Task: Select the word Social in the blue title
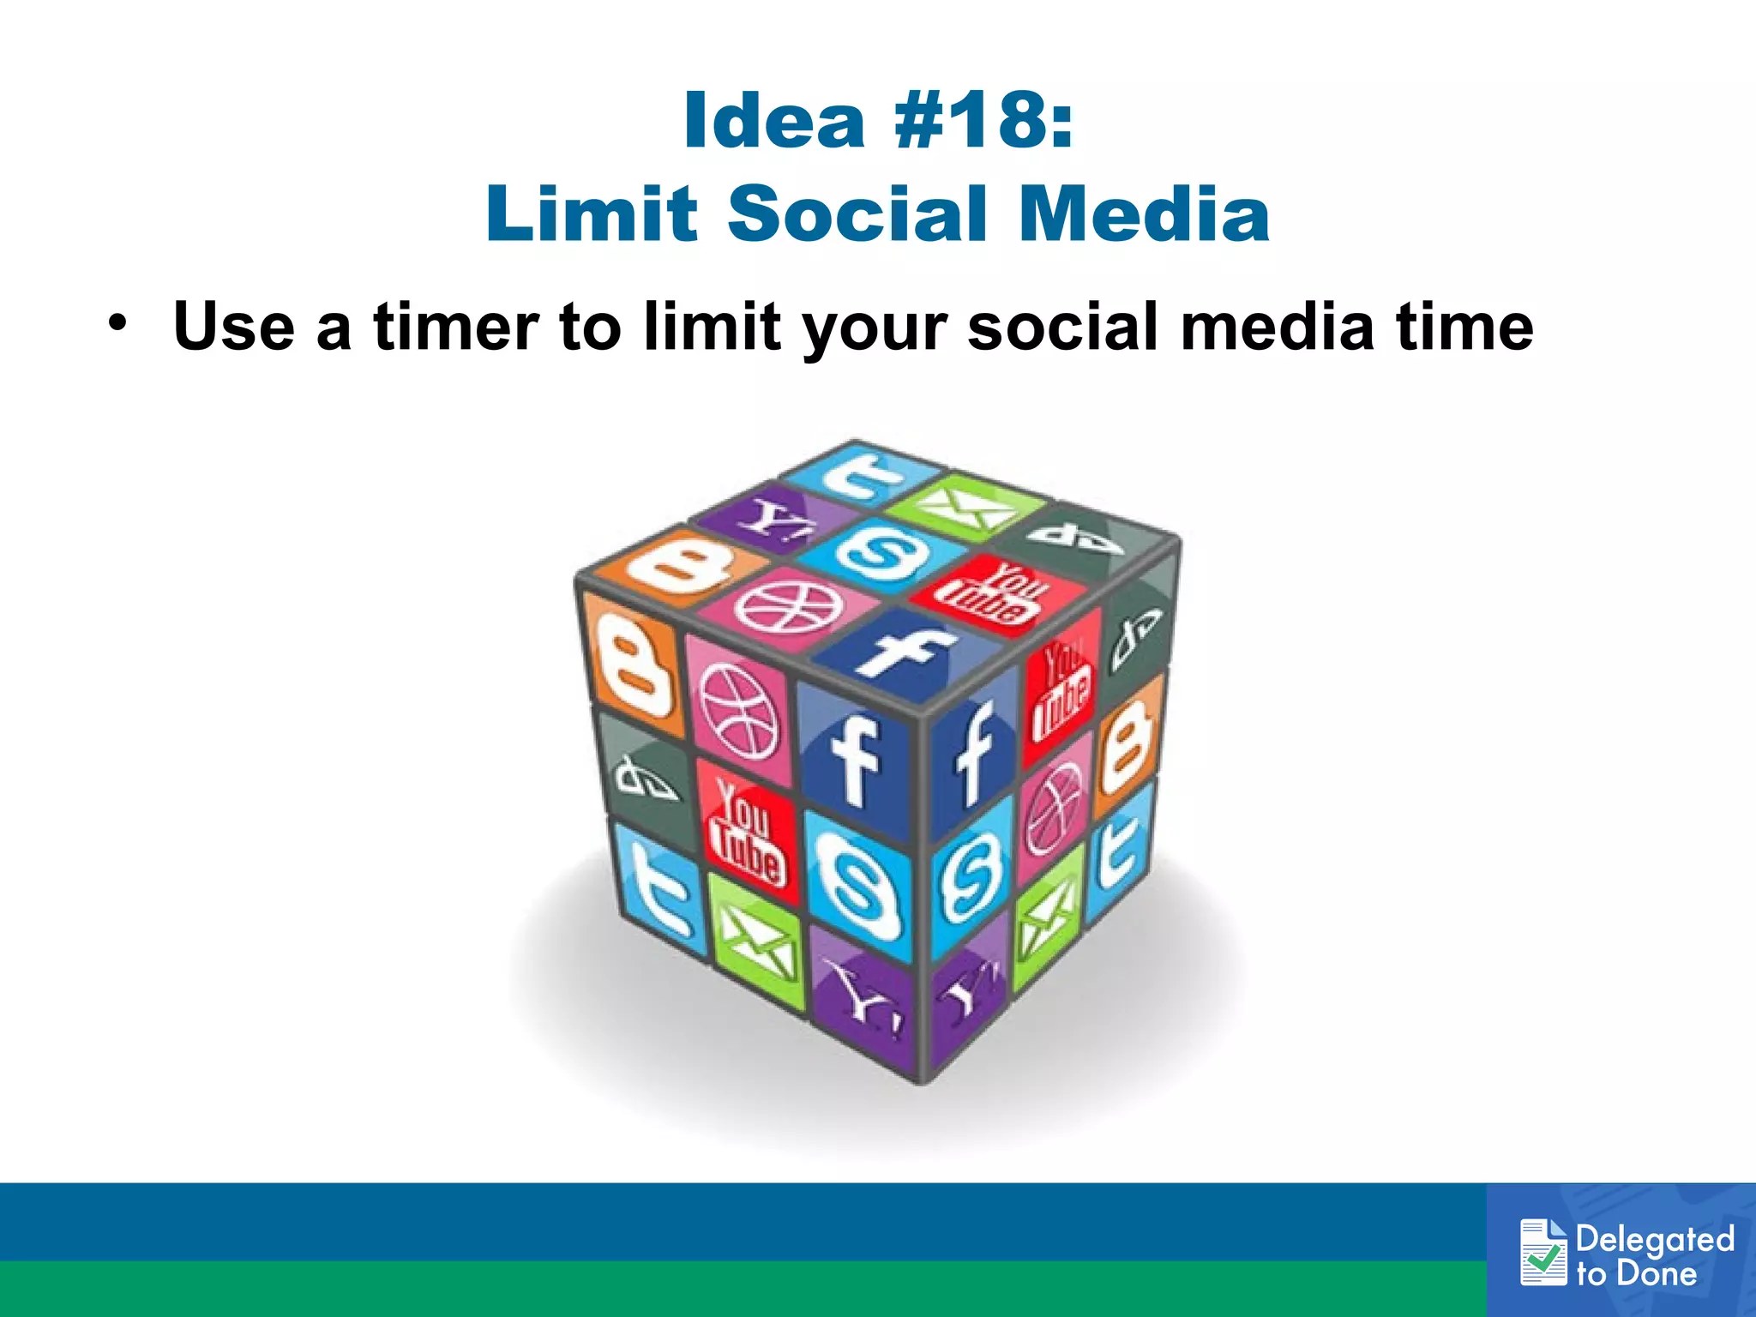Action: pos(857,213)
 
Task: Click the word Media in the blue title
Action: pos(1145,213)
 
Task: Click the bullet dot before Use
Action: pos(117,324)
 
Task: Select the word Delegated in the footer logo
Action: pos(1655,1239)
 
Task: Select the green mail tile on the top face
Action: pos(964,508)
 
